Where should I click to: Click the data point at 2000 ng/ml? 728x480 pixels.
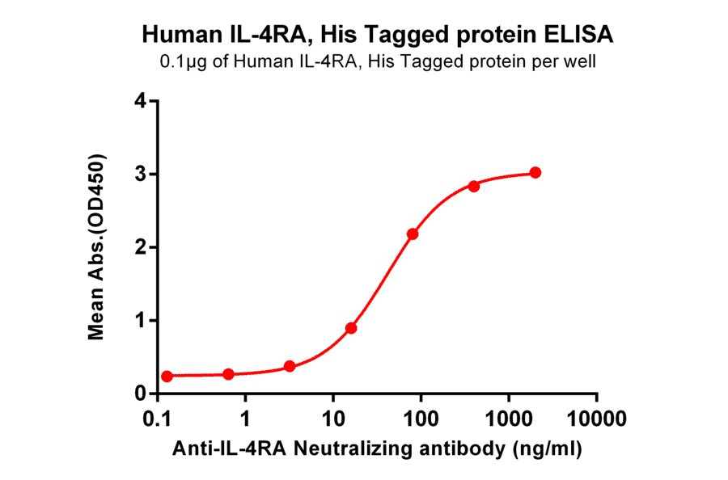(x=535, y=173)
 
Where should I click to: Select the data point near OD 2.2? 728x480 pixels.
(x=413, y=234)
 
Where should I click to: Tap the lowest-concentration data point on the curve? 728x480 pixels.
(x=167, y=377)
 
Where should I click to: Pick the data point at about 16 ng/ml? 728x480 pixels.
(x=351, y=328)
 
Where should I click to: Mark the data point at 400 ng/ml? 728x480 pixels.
(x=474, y=186)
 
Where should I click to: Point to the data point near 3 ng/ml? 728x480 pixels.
(x=290, y=367)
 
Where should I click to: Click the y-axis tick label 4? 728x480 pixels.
(x=142, y=102)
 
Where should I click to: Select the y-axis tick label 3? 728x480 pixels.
(x=142, y=175)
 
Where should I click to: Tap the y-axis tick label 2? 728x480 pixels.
(x=142, y=247)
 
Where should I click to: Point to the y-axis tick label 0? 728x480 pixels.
(x=142, y=394)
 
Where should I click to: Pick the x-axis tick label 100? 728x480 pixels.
(x=421, y=421)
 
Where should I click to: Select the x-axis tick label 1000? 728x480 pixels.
(x=509, y=421)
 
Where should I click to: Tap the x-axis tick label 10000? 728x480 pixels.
(x=596, y=421)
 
